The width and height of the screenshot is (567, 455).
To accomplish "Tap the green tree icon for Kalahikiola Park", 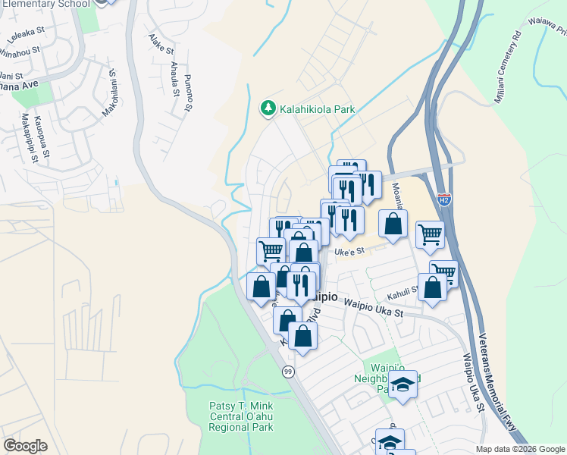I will click(268, 109).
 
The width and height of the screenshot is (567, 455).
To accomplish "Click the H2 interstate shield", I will click(445, 200).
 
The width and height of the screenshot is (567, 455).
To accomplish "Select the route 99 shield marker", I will click(288, 372).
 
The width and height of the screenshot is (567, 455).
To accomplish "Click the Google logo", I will click(25, 446).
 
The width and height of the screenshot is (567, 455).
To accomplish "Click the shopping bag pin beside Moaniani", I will click(393, 224).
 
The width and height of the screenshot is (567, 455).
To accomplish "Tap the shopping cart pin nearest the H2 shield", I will click(430, 235).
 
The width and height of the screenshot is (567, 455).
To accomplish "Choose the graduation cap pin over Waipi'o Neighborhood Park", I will click(403, 385).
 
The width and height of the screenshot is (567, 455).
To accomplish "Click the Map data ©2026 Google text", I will click(519, 448).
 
